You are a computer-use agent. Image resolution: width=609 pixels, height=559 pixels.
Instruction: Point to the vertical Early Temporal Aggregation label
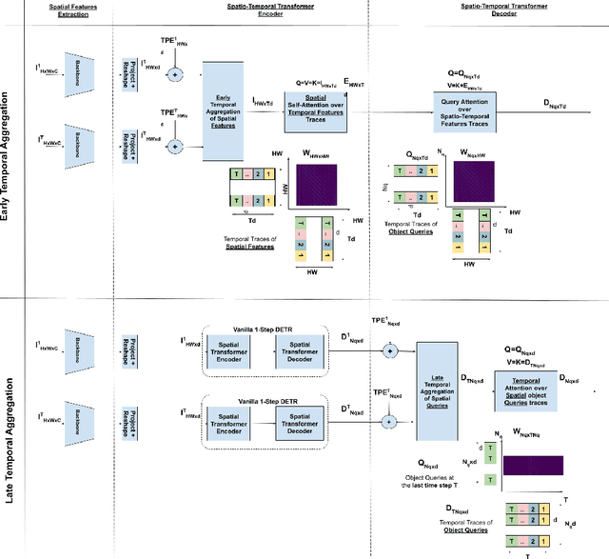[9, 151]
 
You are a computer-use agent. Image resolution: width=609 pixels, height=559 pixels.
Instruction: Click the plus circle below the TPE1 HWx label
[174, 72]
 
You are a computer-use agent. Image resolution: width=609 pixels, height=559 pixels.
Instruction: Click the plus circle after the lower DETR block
[387, 420]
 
